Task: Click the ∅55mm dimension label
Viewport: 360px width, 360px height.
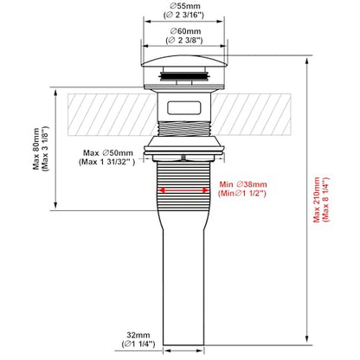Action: tap(185, 6)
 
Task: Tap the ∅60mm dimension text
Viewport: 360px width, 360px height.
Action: tap(185, 31)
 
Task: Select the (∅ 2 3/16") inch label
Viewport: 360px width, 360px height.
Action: tap(183, 15)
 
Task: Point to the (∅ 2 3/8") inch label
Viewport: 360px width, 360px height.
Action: tap(184, 41)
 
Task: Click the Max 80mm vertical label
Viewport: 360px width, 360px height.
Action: tap(36, 149)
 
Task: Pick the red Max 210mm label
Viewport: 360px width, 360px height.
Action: tap(317, 200)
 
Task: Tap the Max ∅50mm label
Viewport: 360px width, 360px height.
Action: tap(108, 153)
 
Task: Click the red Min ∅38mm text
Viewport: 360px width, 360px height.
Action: tap(243, 184)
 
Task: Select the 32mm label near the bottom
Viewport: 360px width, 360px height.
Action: tap(138, 335)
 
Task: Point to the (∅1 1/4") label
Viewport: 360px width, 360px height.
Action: tap(138, 344)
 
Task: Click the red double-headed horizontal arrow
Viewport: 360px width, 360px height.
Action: tap(183, 190)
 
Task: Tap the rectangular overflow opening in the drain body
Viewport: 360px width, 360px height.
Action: tap(183, 107)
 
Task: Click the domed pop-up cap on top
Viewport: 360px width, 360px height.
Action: tap(183, 61)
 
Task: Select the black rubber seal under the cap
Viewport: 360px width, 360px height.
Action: tap(183, 76)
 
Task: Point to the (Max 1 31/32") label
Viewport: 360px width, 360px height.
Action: tap(106, 162)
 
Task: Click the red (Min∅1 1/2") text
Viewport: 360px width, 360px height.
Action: tap(242, 193)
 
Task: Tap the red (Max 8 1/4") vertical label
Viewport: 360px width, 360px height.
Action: tap(326, 200)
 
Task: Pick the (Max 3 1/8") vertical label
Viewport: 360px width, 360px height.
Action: tap(45, 149)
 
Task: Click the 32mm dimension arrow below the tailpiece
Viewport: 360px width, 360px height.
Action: tap(183, 351)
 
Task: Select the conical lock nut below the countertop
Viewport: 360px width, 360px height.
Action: tap(183, 143)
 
